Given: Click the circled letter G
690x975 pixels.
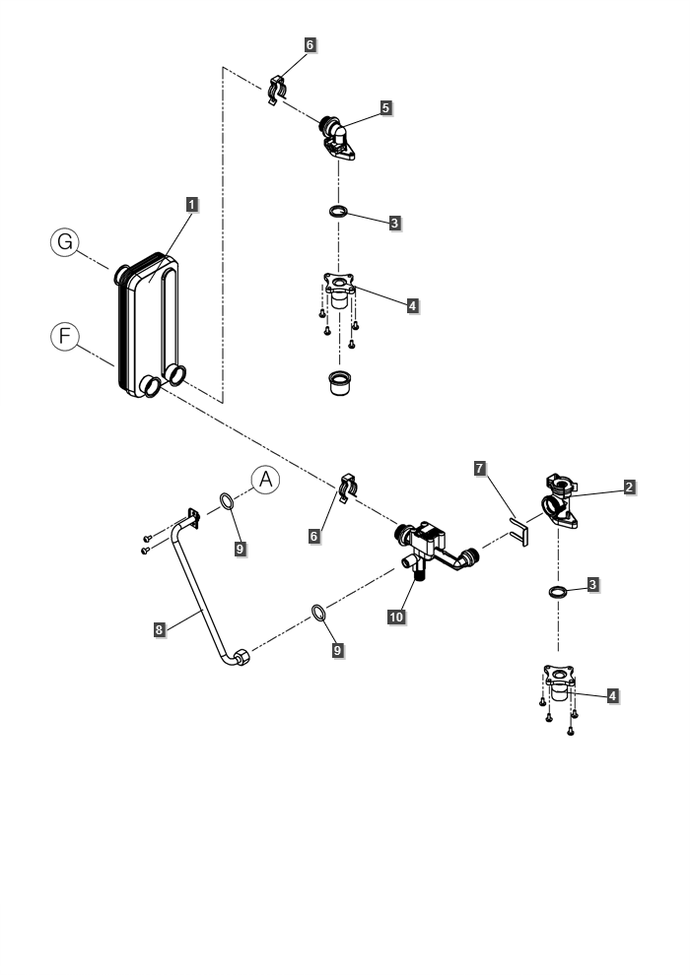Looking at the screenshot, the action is pos(65,242).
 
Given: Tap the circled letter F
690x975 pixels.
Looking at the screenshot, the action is pos(65,337).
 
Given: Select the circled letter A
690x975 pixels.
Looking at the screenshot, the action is pos(266,480).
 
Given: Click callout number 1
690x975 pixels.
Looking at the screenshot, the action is pos(191,204).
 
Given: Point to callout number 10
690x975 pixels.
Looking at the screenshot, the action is pos(396,617).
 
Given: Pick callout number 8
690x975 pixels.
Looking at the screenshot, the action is pos(160,629).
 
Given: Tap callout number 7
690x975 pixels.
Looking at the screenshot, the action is pos(479,468).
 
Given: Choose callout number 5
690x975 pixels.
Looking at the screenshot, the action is pos(385,107).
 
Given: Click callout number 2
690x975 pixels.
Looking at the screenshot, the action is pos(629,487).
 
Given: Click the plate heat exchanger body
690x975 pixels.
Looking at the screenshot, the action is pos(148,325).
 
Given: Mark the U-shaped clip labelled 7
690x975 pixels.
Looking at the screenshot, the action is pos(519,532).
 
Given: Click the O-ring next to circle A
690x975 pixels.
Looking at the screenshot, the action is pos(227,500).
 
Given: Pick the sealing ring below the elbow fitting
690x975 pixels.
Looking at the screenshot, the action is pos(339,212).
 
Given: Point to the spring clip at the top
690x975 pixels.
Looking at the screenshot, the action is pos(278,91).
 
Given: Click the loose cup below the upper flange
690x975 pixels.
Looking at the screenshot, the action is pos(340,382).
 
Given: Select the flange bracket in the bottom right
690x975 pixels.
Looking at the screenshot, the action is pos(559,682).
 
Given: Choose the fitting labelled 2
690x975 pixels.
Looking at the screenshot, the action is pos(561,501).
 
